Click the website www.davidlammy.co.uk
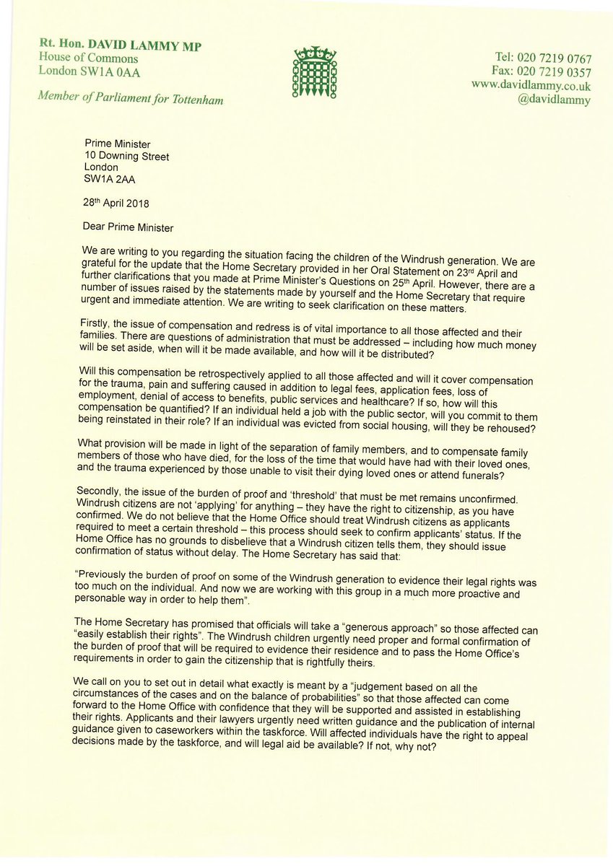click(531, 85)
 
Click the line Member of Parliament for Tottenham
click(131, 99)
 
